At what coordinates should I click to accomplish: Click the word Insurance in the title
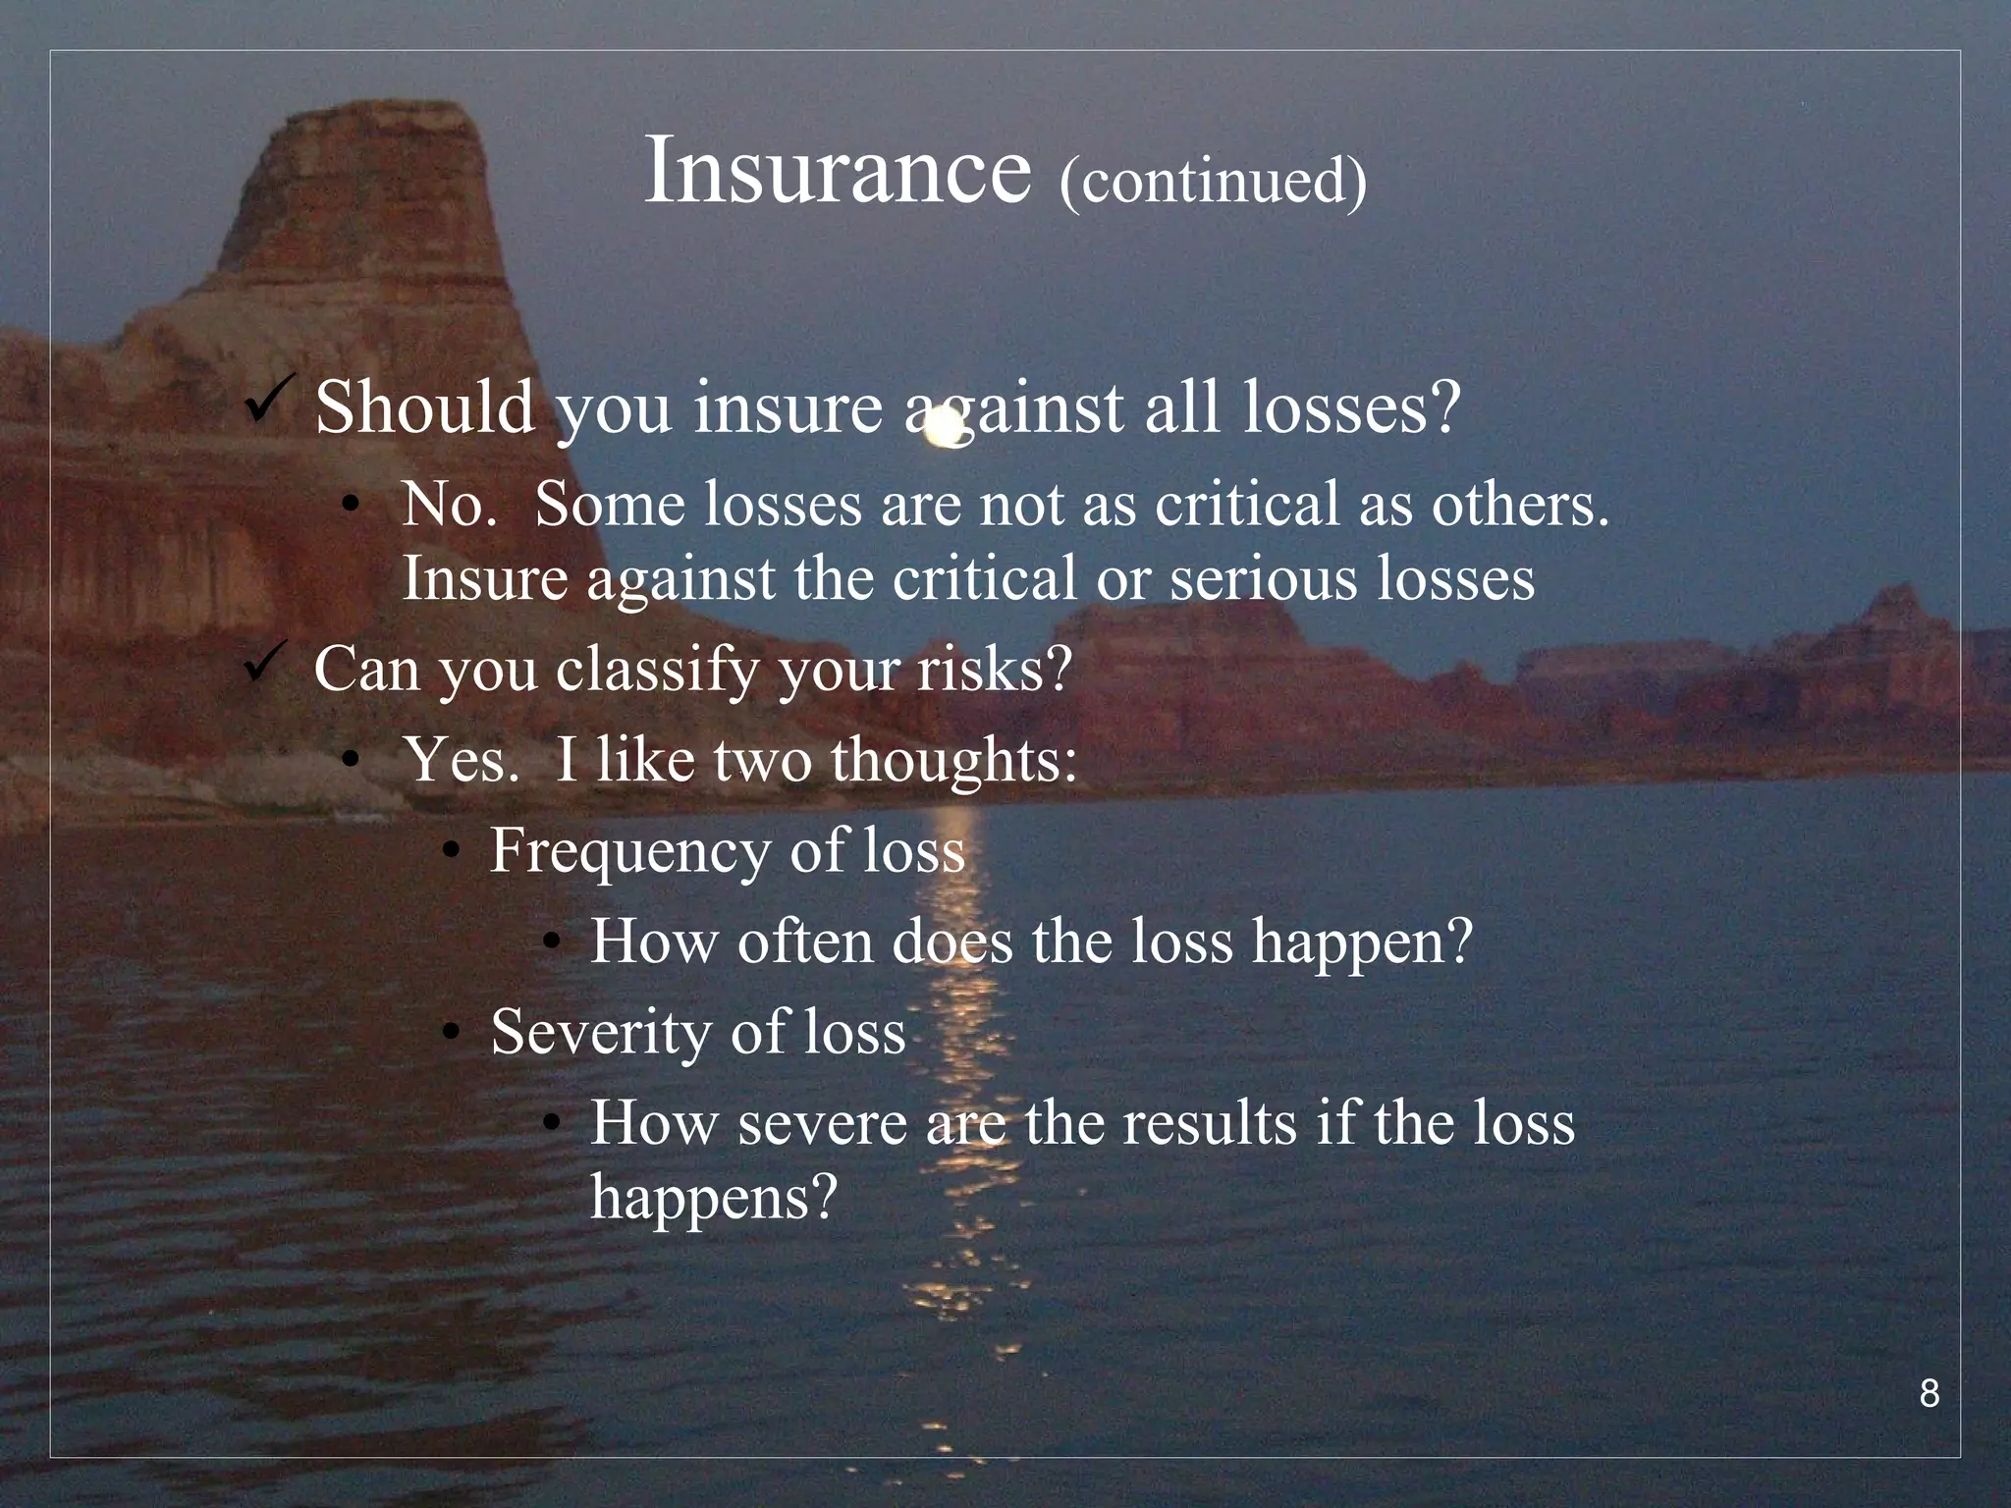tap(838, 173)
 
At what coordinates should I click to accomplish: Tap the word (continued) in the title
tap(1213, 181)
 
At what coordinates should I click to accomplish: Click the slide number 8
tap(1929, 1394)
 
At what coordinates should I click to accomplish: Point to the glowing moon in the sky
tap(945, 429)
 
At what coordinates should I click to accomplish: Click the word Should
tap(425, 407)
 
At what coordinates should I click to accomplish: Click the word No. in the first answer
tap(449, 505)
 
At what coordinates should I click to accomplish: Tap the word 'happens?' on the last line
tap(714, 1197)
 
